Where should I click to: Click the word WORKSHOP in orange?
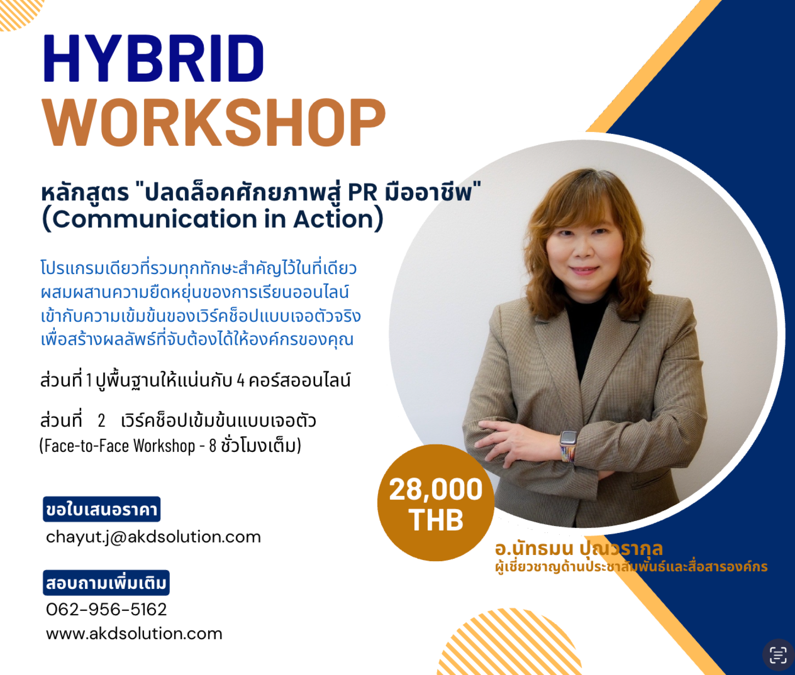point(214,123)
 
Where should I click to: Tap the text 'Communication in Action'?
point(213,219)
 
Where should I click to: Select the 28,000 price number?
point(436,490)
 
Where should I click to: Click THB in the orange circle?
point(436,520)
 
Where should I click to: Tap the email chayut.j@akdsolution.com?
point(153,537)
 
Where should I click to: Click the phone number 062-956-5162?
point(106,610)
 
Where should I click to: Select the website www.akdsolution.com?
point(134,634)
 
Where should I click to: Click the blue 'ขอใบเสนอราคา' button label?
point(101,509)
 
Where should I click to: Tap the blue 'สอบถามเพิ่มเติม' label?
point(106,583)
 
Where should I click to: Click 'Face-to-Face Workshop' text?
point(120,446)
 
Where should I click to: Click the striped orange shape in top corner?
point(19,12)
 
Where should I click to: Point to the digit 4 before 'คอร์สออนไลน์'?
point(241,380)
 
